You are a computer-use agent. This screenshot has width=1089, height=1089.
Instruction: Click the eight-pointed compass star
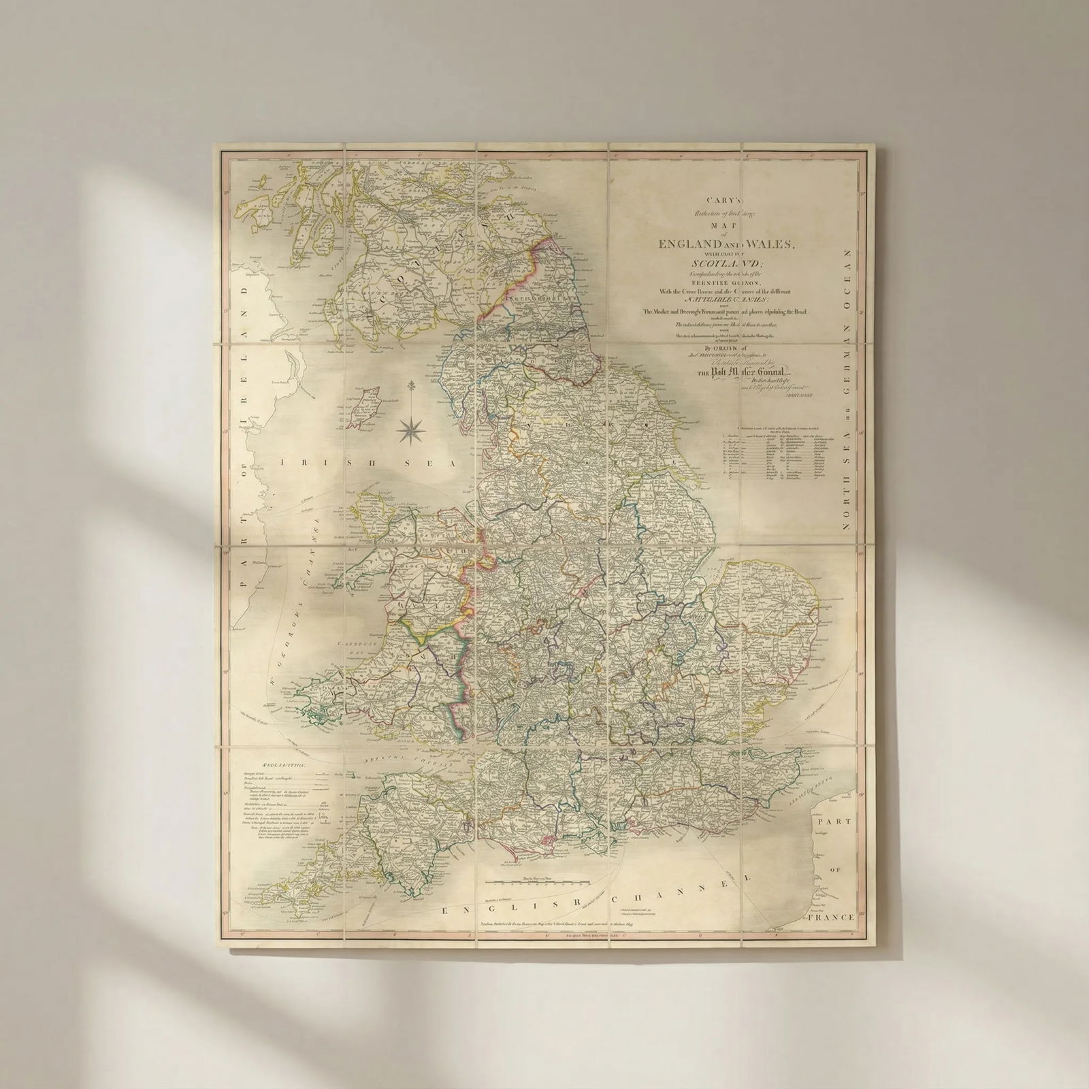click(410, 429)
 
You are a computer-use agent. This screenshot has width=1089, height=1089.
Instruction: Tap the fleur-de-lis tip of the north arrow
click(410, 387)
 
